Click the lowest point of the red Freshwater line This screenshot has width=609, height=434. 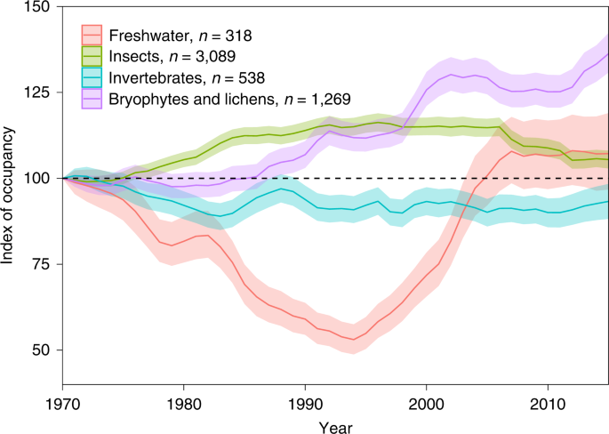tap(353, 339)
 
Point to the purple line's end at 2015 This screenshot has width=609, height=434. tap(607, 54)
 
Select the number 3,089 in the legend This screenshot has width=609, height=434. tap(207, 57)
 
